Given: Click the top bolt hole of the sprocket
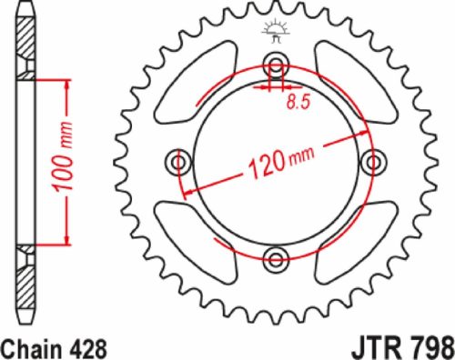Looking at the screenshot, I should point(274,66).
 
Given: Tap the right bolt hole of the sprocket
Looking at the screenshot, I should point(370,163).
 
